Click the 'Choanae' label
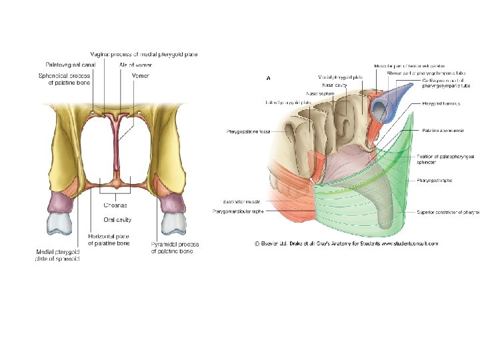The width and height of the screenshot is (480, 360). pos(117,205)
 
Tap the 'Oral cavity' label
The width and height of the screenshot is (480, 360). pos(117,219)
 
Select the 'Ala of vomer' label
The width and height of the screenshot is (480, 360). pos(135,65)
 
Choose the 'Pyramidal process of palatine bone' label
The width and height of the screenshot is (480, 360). pos(175,248)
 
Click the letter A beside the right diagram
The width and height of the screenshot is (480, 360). pos(268,78)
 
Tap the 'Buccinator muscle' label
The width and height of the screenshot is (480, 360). pos(243,201)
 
